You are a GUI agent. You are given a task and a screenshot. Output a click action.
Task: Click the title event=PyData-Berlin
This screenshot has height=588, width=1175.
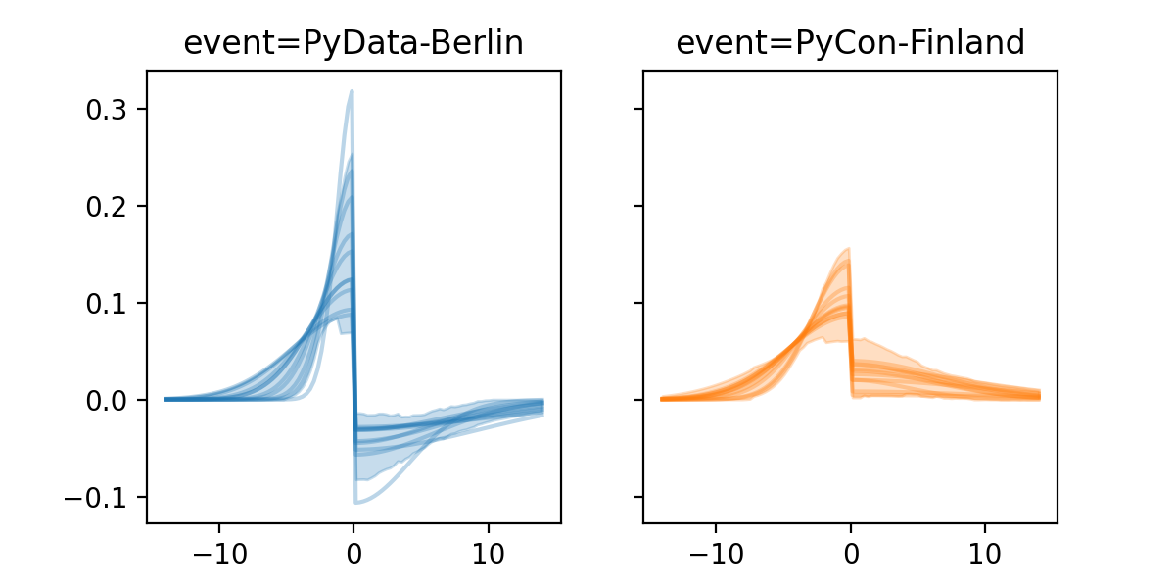(x=353, y=43)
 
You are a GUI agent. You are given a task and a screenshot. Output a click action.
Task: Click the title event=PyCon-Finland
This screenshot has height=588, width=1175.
(x=850, y=43)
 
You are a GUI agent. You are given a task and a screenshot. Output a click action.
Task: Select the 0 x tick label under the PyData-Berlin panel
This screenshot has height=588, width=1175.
(x=353, y=551)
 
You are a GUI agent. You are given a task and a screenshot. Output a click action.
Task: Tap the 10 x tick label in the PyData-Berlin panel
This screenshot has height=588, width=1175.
(x=489, y=551)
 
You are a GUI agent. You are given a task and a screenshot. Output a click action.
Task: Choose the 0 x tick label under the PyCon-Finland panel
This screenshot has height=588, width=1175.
(x=850, y=551)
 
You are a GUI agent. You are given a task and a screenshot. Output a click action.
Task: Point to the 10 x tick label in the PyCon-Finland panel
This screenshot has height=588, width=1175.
(x=985, y=551)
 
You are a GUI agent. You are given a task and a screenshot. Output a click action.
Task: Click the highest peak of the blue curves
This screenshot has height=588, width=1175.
(x=351, y=92)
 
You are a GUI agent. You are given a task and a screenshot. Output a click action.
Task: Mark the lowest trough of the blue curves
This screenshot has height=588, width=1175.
(x=356, y=503)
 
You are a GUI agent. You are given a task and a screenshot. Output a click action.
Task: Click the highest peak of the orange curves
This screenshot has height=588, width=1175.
(x=848, y=249)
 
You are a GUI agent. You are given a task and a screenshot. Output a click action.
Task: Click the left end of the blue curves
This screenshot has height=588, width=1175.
(x=165, y=399)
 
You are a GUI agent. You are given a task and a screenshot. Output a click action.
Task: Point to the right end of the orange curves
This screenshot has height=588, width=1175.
(x=1039, y=395)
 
